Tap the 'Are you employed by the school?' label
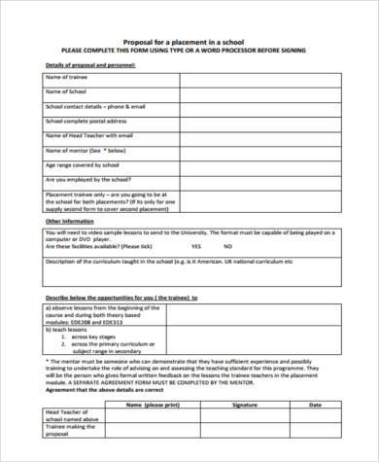pyautogui.click(x=87, y=180)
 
